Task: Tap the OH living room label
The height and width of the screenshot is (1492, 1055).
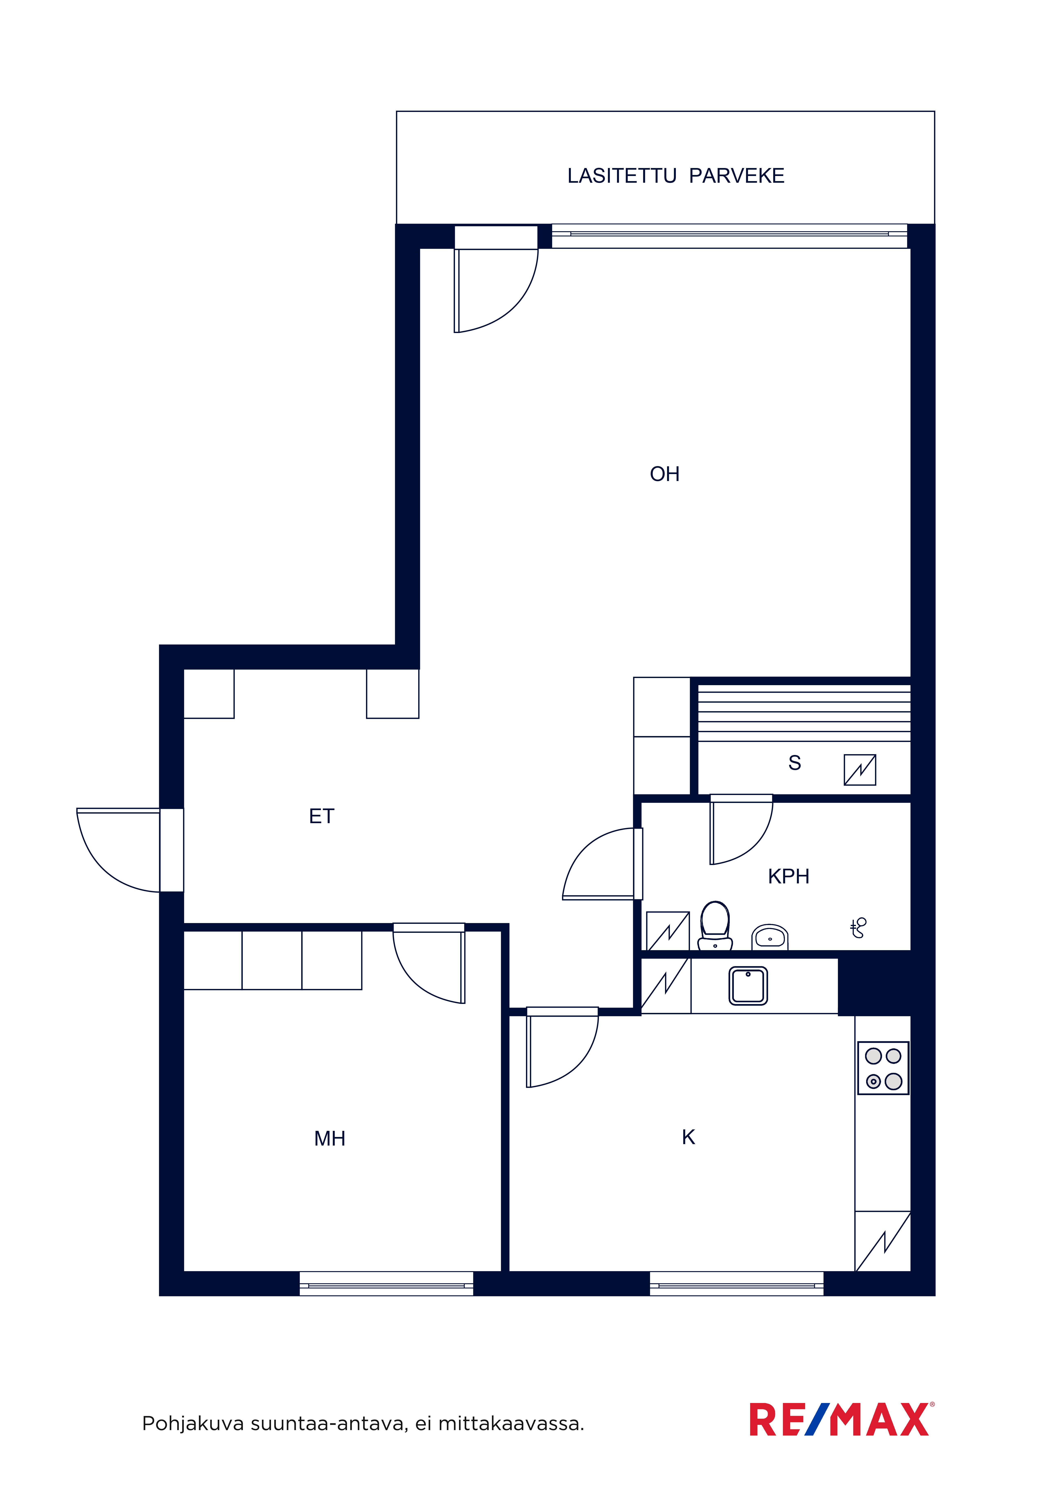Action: point(664,474)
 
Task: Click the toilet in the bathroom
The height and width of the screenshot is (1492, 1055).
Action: point(715,925)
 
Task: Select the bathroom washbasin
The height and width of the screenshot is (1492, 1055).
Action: point(770,937)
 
